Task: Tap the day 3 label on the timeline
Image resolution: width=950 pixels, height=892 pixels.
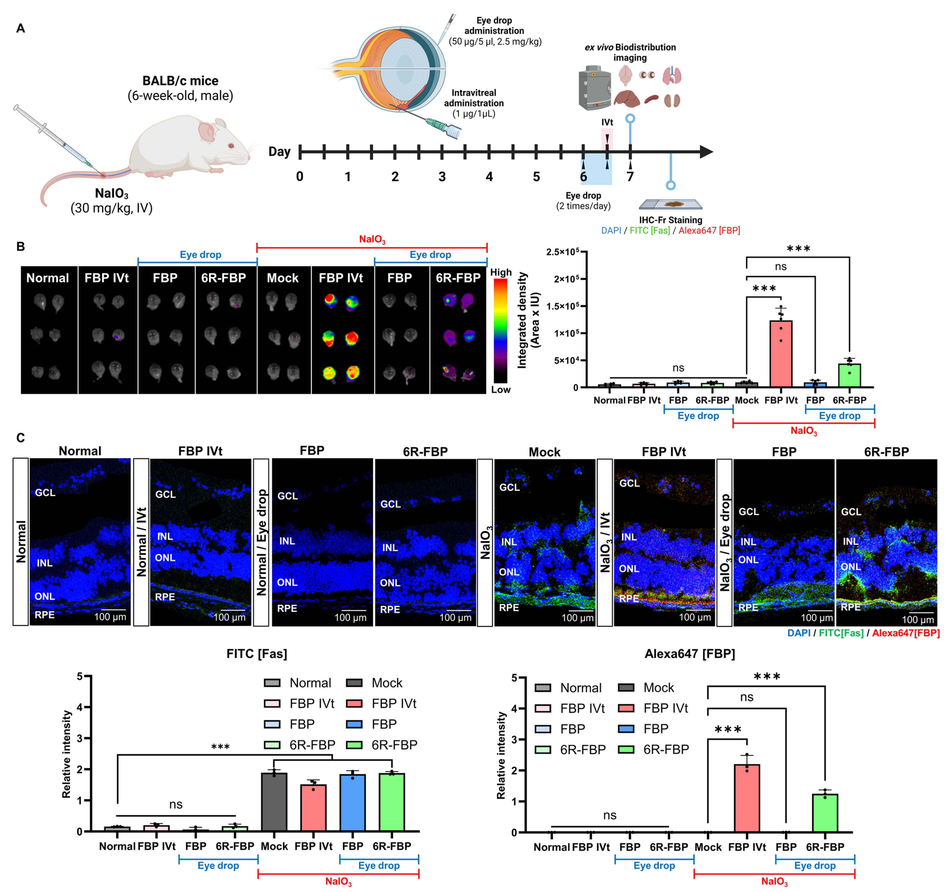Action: tap(442, 177)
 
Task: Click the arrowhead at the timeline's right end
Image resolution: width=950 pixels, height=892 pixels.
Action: tap(706, 152)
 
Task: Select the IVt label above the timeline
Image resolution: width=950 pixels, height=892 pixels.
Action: tap(607, 122)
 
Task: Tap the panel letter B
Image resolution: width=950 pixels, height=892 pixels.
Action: tap(21, 246)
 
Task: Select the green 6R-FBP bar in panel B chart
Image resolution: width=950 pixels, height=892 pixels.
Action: tap(849, 375)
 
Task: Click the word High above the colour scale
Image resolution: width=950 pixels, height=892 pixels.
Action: tap(501, 272)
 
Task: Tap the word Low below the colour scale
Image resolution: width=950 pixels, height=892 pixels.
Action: tap(501, 389)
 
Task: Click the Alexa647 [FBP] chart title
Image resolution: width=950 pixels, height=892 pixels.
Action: tap(690, 654)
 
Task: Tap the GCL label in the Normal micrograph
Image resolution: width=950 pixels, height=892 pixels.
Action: tap(45, 492)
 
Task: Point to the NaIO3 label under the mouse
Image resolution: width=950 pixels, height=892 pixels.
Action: tap(111, 193)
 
